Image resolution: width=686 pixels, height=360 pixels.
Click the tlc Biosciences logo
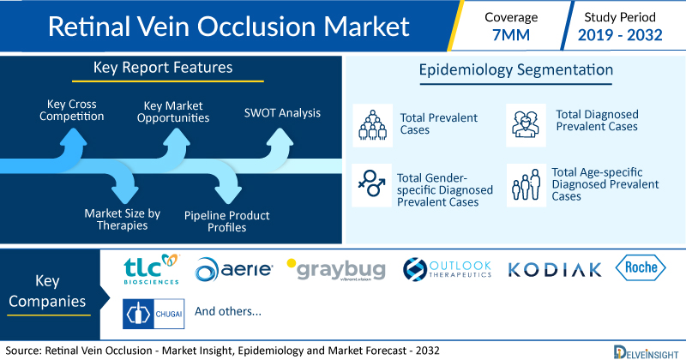pyautogui.click(x=152, y=269)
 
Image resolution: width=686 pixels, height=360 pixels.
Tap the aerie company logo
pyautogui.click(x=233, y=269)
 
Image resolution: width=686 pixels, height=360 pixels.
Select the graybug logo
pyautogui.click(x=336, y=269)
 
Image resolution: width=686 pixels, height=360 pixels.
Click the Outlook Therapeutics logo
pyautogui.click(x=447, y=269)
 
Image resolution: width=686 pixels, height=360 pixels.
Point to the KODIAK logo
pyautogui.click(x=554, y=270)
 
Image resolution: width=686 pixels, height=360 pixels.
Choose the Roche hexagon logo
pyautogui.click(x=641, y=267)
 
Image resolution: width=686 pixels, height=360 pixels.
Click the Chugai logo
pyautogui.click(x=153, y=314)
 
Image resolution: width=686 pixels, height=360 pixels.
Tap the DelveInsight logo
pyautogui.click(x=646, y=352)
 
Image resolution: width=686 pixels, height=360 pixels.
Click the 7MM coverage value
pyautogui.click(x=511, y=35)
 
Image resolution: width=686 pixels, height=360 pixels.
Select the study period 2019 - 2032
pyautogui.click(x=620, y=35)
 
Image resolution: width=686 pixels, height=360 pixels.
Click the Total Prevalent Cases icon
pyautogui.click(x=372, y=125)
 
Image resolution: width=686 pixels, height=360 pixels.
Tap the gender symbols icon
pyautogui.click(x=371, y=184)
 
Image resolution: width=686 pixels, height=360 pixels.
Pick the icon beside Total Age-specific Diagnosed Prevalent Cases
pyautogui.click(x=527, y=185)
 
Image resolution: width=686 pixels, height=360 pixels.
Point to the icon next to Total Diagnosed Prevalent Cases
pyautogui.click(x=526, y=125)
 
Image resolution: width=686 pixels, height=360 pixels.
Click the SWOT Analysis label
pyautogui.click(x=282, y=113)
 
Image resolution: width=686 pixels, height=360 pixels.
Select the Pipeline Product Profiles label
pyautogui.click(x=226, y=221)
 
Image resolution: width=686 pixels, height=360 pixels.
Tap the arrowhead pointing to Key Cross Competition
pyautogui.click(x=73, y=136)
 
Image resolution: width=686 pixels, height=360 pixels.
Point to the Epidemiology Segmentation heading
pyautogui.click(x=516, y=70)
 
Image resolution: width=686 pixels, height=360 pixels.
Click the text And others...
pyautogui.click(x=228, y=311)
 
